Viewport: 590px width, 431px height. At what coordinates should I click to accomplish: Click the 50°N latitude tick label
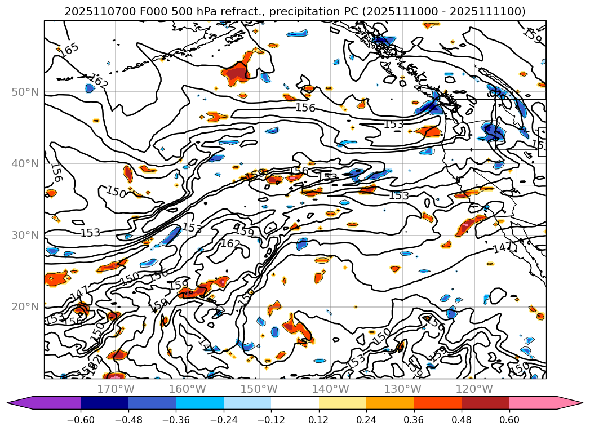click(x=25, y=92)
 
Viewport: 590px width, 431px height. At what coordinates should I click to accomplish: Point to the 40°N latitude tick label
click(x=25, y=163)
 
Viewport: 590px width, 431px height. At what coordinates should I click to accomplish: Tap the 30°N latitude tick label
click(x=25, y=235)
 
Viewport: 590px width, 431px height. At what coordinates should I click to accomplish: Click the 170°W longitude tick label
click(x=116, y=389)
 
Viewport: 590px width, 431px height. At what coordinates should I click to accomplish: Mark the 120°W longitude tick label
click(x=473, y=389)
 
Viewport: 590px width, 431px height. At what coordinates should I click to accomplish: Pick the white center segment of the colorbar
click(x=295, y=403)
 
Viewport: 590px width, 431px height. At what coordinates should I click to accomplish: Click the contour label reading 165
click(x=69, y=50)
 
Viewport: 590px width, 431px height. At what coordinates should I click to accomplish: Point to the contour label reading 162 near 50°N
click(x=97, y=82)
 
